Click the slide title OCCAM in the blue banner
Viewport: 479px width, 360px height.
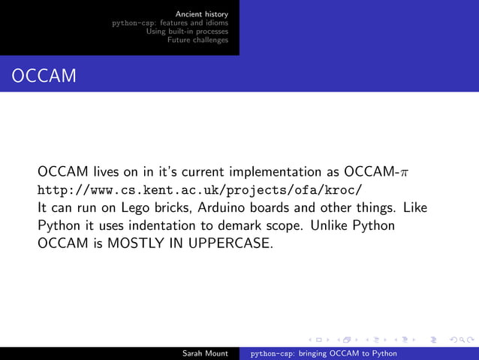(44, 76)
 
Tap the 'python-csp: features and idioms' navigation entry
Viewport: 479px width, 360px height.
(170, 23)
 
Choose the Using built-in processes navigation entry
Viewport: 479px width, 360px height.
(187, 32)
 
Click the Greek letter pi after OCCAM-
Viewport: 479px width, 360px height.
(405, 171)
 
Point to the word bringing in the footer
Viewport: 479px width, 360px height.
(315, 352)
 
